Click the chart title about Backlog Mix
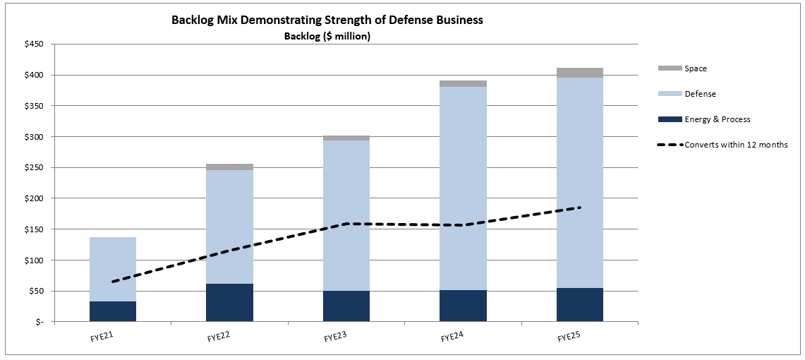coord(327,20)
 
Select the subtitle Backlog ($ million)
coord(327,37)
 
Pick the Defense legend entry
coord(699,94)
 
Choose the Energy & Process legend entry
coord(717,119)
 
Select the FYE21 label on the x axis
coord(103,336)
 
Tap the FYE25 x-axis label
coord(569,336)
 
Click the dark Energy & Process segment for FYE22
coord(229,303)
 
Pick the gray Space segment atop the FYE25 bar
coord(579,73)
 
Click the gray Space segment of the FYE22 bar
coord(229,167)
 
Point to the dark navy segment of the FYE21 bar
coord(113,311)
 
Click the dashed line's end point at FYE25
coord(579,208)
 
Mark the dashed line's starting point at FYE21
coord(113,282)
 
